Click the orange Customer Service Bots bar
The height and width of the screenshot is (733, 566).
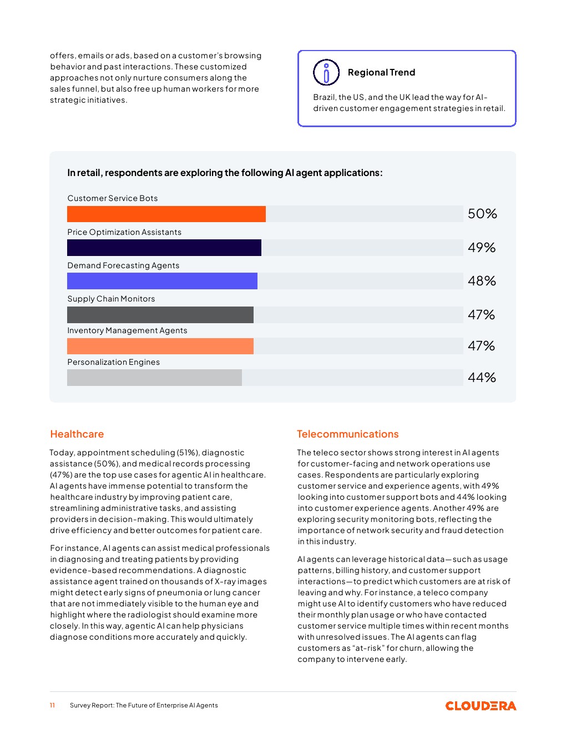click(166, 214)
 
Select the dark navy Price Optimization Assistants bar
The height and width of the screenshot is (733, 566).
click(164, 248)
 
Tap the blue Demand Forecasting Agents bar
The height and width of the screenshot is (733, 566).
click(162, 281)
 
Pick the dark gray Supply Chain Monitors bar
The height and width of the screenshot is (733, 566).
click(160, 315)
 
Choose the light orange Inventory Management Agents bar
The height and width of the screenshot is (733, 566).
click(160, 346)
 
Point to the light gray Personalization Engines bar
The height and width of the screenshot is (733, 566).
click(154, 378)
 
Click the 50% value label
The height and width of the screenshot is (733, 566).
click(482, 214)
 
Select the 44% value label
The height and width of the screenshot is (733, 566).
click(482, 378)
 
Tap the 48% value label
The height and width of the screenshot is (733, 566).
click(482, 281)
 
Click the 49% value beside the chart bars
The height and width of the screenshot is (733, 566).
click(482, 248)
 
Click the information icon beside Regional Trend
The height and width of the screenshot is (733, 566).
click(326, 72)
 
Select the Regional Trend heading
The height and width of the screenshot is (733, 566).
click(381, 72)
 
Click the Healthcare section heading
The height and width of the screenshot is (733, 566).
click(77, 434)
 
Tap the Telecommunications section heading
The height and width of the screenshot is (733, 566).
click(348, 434)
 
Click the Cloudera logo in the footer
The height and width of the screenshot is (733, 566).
click(481, 706)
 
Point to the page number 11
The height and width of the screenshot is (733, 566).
click(52, 705)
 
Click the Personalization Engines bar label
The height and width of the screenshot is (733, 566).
click(114, 362)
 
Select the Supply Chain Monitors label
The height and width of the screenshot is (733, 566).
click(111, 299)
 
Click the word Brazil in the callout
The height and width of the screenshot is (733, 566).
click(324, 97)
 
